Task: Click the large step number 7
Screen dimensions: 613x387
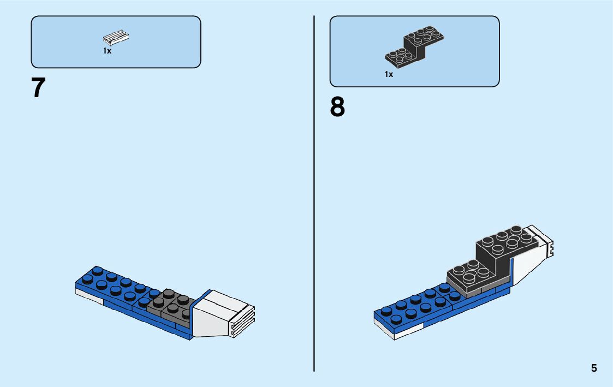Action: (38, 88)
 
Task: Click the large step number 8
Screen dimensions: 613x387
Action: (337, 108)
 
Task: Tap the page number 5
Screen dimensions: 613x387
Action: (594, 368)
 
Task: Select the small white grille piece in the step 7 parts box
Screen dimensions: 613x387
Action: (116, 38)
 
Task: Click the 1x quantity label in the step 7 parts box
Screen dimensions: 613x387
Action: (108, 51)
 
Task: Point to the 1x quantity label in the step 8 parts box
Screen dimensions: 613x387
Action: (389, 74)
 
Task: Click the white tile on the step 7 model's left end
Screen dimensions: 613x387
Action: (87, 295)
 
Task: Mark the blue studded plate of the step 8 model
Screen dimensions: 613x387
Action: (415, 308)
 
